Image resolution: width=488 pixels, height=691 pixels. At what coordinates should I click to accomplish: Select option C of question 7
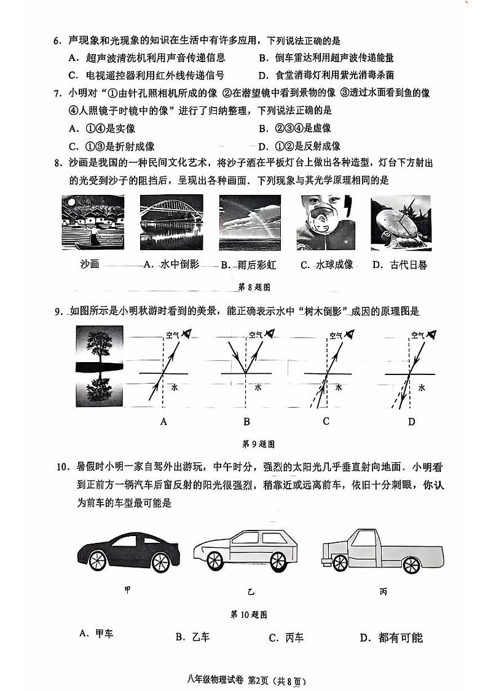111,146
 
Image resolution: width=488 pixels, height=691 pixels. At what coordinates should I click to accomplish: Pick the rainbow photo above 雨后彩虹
248,223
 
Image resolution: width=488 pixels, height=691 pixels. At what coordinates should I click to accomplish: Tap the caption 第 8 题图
254,286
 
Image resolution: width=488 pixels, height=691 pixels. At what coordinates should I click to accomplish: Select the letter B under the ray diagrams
246,422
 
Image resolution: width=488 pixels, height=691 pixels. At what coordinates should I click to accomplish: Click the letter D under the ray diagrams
411,422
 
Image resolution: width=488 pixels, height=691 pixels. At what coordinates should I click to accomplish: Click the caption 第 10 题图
248,614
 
